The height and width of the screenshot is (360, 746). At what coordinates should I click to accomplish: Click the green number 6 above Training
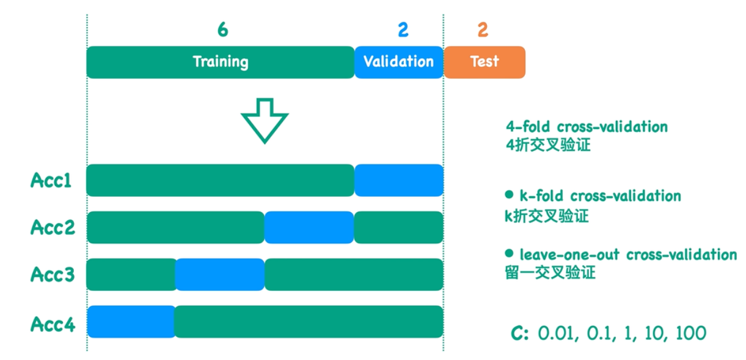tap(223, 29)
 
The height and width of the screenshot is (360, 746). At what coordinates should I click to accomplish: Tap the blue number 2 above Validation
tap(403, 29)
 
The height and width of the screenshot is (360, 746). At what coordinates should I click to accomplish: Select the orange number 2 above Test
tap(483, 29)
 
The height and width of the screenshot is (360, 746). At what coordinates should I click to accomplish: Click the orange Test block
tap(484, 62)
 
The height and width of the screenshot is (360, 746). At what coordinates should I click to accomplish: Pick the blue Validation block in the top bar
tap(398, 62)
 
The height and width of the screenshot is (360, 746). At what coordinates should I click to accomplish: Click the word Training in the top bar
tap(221, 62)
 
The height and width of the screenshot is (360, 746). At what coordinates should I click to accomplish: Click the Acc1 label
tap(52, 181)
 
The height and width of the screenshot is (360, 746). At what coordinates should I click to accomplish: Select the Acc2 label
tap(53, 227)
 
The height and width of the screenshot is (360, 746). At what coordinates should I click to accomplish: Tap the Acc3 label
tap(53, 274)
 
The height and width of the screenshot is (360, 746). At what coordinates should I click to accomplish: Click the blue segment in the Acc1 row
tap(398, 180)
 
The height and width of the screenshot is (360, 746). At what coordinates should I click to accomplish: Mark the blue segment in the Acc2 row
tap(309, 227)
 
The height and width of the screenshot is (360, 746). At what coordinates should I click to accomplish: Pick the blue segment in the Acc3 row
tap(220, 274)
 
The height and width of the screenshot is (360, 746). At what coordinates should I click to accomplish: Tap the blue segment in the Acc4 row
tap(131, 321)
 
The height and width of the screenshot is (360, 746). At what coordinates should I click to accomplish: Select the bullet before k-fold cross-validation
tap(509, 195)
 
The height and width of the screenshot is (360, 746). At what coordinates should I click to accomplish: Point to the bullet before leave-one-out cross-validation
tap(509, 253)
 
